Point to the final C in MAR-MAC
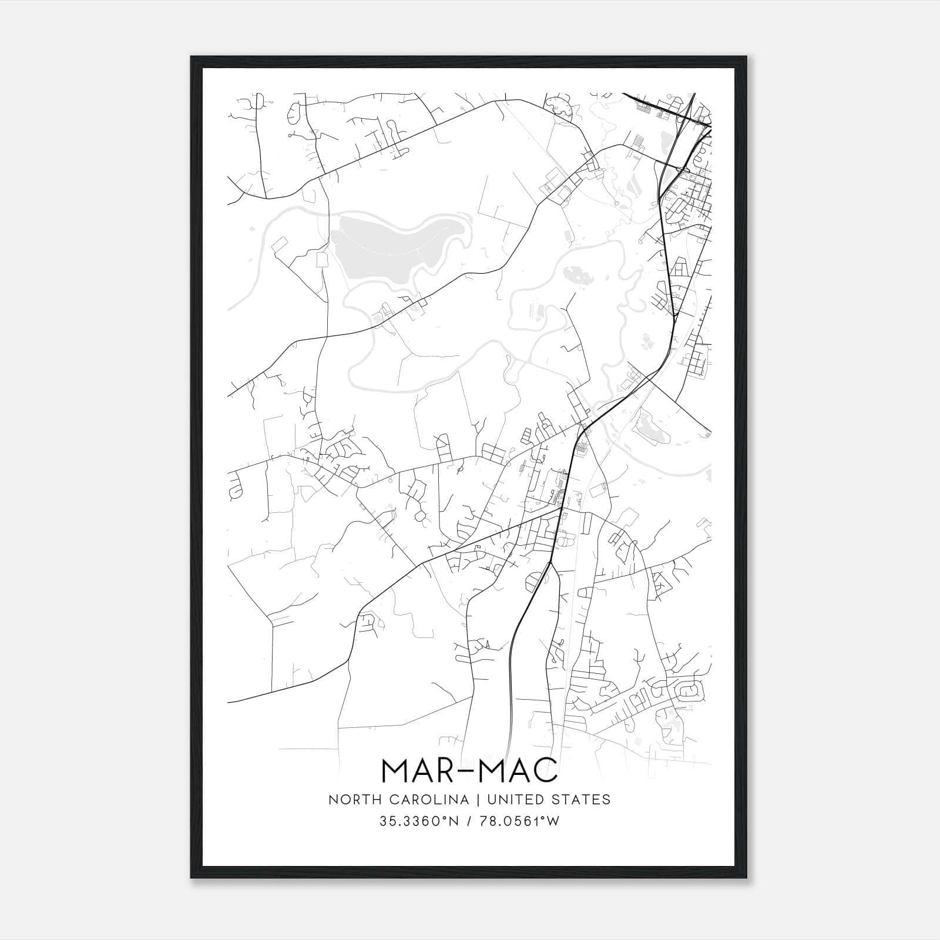[545, 770]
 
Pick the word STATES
[585, 800]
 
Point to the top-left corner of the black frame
[192, 57]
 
